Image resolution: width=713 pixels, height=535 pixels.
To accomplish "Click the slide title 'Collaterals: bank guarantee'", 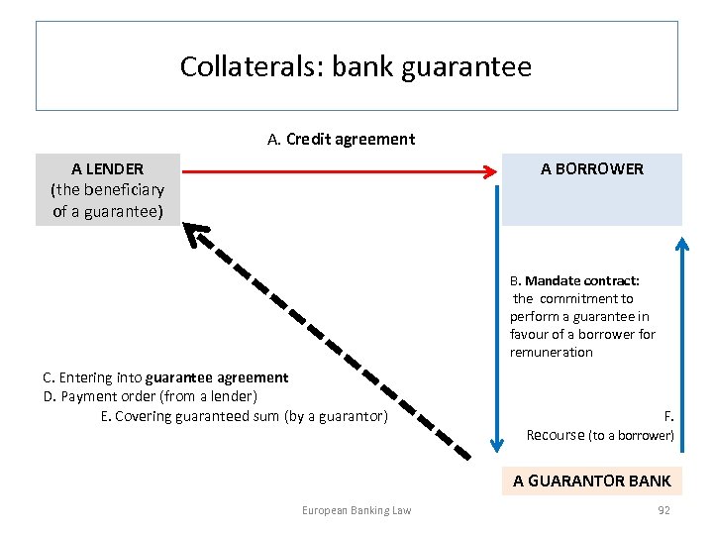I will [x=356, y=67].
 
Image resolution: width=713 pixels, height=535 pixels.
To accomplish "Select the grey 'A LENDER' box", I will [x=108, y=189].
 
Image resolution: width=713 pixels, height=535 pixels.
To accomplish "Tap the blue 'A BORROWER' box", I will [x=591, y=188].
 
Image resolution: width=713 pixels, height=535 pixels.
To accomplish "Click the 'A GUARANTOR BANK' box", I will [x=591, y=481].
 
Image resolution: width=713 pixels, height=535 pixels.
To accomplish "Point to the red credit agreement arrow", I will [x=337, y=172].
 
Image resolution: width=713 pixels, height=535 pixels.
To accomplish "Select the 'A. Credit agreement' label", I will [x=341, y=140].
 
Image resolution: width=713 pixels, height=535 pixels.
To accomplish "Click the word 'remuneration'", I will [x=552, y=352].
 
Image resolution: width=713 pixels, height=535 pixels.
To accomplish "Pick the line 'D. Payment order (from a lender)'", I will [x=151, y=396].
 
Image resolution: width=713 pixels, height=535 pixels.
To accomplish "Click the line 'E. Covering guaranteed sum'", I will [x=244, y=416].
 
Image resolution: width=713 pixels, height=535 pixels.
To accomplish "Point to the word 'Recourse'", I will [x=556, y=435].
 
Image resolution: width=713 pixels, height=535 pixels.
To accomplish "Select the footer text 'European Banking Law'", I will [x=356, y=510].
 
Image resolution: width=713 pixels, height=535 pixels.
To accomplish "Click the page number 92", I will [x=663, y=510].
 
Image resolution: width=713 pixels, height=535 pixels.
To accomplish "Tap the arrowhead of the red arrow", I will [x=489, y=172].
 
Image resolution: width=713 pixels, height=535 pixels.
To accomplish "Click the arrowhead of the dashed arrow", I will [x=198, y=236].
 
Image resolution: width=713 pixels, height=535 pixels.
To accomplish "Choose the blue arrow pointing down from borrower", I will [x=498, y=317].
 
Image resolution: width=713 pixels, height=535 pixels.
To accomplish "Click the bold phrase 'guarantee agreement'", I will [x=217, y=377].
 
